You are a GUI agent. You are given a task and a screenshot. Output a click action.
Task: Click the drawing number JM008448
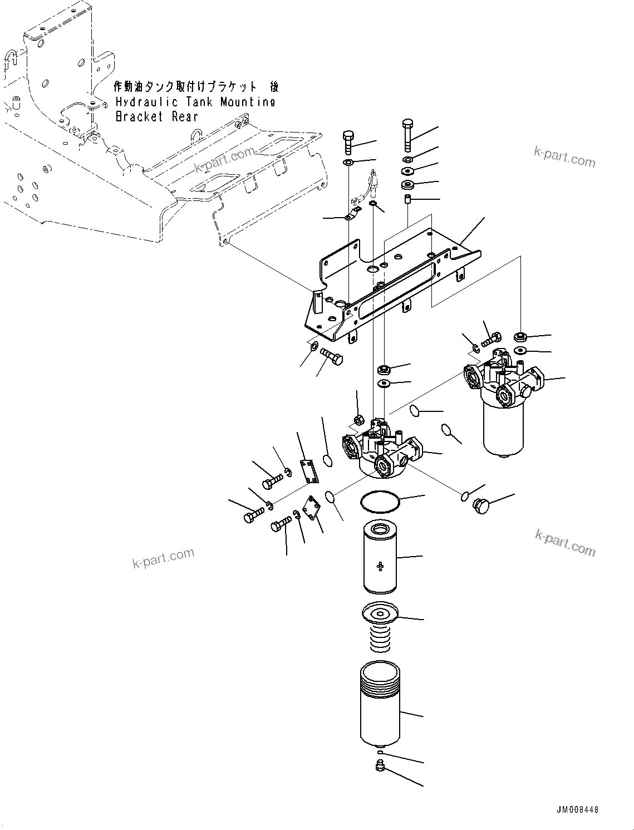577,810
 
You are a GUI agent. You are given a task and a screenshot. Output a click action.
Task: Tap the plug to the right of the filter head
479,505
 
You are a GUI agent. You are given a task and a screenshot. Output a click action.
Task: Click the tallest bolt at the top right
407,134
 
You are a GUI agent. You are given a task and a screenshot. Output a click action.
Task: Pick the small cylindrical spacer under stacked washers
407,199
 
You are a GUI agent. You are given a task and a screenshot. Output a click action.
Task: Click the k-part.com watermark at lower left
163,558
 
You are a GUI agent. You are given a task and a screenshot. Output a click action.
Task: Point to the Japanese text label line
195,87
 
